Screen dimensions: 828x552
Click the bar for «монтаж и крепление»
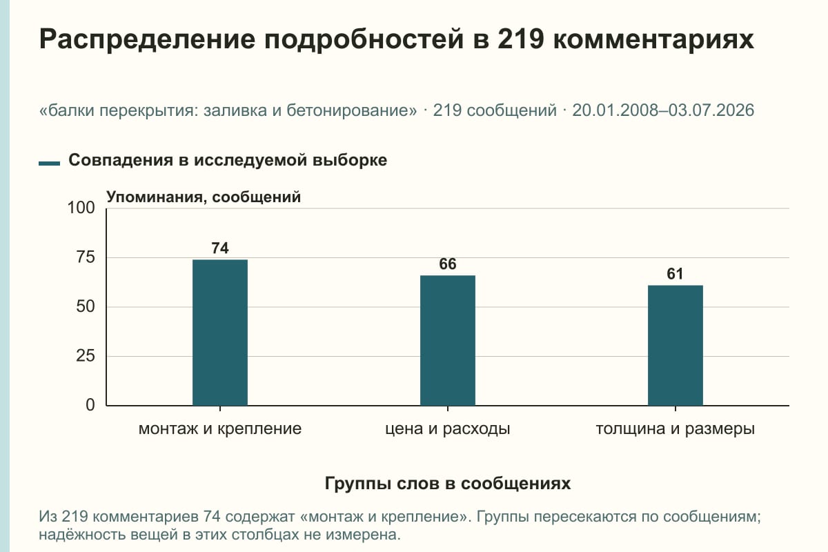pos(220,333)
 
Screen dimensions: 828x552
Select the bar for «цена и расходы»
pos(448,341)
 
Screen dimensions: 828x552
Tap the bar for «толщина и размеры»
pos(676,345)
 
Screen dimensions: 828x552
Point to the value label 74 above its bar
pos(220,248)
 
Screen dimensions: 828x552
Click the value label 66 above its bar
pos(448,264)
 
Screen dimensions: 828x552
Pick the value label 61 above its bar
pos(676,274)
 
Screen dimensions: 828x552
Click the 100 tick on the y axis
pos(81,208)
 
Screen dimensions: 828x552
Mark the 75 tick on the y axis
pos(86,257)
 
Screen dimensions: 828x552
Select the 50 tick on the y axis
pos(86,306)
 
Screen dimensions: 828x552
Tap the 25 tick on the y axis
pos(86,356)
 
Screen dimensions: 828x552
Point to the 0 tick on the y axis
pos(90,405)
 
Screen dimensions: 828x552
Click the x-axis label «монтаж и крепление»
pos(220,429)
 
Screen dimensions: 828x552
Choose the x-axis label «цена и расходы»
pos(448,429)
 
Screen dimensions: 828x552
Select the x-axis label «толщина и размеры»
pos(676,429)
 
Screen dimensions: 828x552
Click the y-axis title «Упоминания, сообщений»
pos(204,197)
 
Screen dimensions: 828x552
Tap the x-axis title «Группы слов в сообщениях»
pos(448,484)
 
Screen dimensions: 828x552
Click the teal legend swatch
pos(49,163)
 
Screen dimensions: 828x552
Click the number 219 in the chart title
pos(520,39)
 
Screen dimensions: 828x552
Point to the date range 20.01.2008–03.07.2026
pos(663,110)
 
